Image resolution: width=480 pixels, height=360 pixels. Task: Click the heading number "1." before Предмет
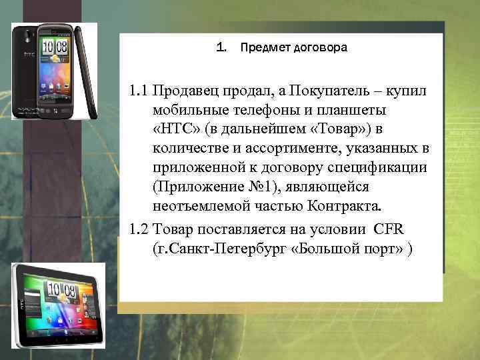click(x=222, y=48)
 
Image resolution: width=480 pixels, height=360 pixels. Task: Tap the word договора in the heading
click(x=319, y=48)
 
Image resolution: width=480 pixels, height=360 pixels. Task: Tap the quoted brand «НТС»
click(x=176, y=127)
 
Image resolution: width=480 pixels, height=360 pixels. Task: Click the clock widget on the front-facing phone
click(x=54, y=47)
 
